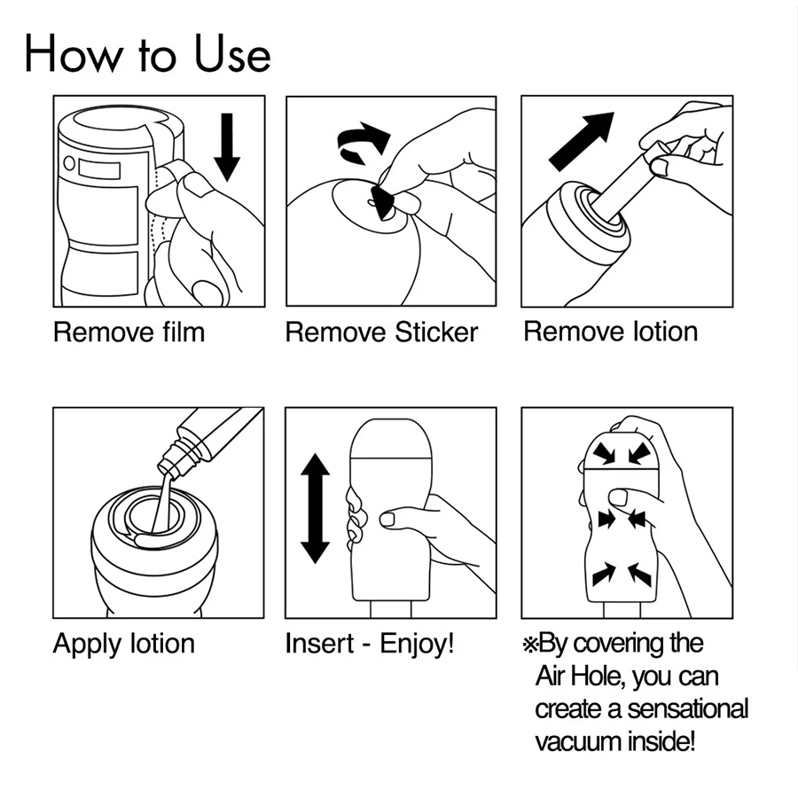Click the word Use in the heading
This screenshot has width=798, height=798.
coord(232,54)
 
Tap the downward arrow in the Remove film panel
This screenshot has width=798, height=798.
coord(227,147)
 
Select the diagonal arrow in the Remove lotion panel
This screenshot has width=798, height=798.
coord(582,141)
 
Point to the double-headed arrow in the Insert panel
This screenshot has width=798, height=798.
coord(315,508)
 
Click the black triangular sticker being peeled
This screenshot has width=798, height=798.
coord(383,202)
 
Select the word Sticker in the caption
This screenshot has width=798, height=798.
coord(436,332)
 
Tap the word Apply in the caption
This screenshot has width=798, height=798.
coord(89,645)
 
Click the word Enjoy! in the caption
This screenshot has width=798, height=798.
coord(417,645)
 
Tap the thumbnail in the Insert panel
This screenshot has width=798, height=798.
coord(387,520)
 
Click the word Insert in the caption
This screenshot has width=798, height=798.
coord(319,644)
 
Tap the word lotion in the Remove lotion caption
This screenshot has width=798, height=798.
coord(665,332)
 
